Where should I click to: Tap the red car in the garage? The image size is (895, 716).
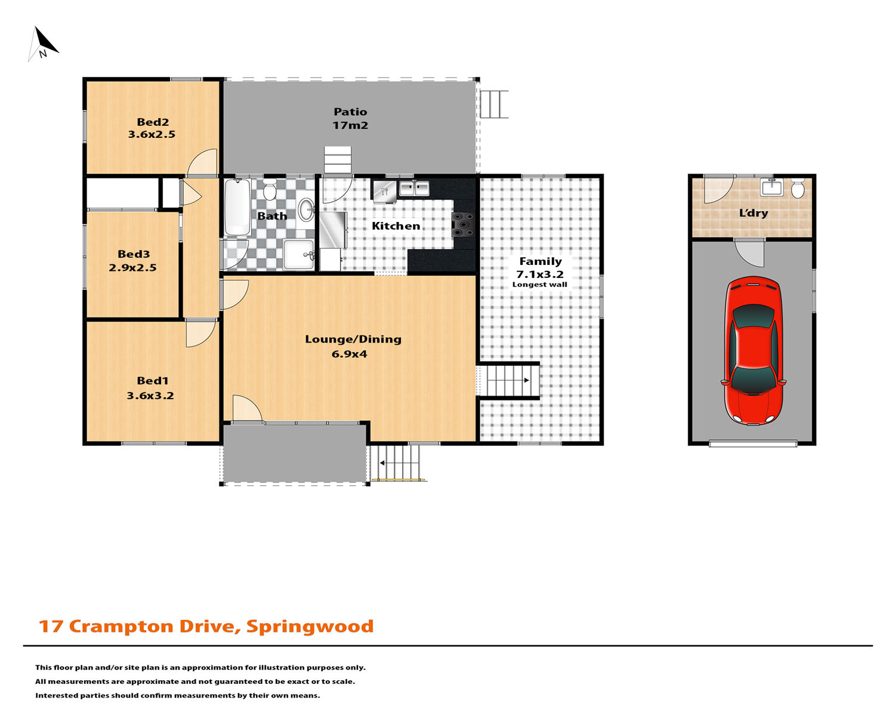click(753, 350)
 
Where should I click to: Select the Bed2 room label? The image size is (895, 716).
click(153, 122)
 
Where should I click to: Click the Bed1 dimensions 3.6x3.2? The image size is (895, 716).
click(150, 395)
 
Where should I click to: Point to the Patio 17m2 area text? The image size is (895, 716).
click(350, 118)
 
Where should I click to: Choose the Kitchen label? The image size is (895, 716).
click(396, 226)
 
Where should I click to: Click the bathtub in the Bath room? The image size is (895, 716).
click(237, 207)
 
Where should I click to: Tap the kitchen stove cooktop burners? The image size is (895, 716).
click(463, 225)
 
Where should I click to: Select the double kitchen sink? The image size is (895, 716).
click(414, 188)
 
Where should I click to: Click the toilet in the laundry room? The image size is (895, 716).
click(798, 189)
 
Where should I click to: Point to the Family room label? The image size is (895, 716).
click(540, 261)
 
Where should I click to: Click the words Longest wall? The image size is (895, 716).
click(539, 285)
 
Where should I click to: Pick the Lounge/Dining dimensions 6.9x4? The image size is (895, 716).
click(349, 354)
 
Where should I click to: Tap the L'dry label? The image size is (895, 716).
click(753, 213)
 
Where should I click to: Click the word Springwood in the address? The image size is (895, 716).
click(310, 626)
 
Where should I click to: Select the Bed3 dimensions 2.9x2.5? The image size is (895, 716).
click(132, 267)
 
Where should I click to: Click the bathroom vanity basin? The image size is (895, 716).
click(307, 209)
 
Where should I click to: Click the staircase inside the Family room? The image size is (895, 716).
click(508, 381)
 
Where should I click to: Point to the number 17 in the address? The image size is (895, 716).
click(50, 626)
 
